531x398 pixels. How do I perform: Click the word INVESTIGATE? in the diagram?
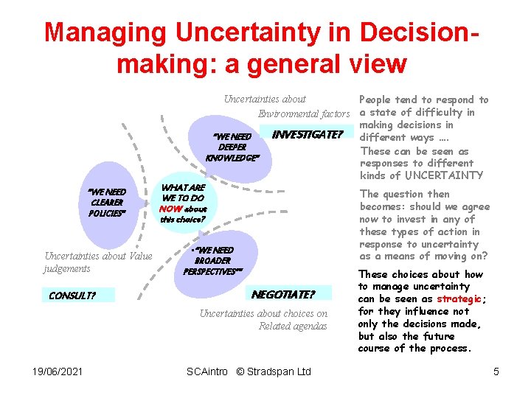[308, 135]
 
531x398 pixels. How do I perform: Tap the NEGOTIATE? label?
[283, 295]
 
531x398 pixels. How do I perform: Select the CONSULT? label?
[72, 296]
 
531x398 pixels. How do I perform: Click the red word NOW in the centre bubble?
[171, 209]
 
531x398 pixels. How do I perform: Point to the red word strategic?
[459, 298]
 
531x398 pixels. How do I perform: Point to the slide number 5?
[496, 371]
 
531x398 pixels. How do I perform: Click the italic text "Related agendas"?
[293, 326]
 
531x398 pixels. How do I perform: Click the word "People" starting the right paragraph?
[376, 99]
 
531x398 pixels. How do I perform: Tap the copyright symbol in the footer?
[240, 371]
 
